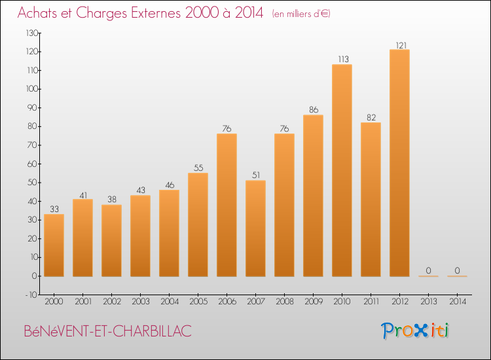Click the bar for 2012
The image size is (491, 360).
(399, 163)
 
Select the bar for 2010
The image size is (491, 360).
(342, 170)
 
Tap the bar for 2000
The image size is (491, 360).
(54, 245)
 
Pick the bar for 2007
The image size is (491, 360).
(255, 228)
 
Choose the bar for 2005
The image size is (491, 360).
(198, 225)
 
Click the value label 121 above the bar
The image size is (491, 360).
(401, 45)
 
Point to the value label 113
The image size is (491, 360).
(343, 59)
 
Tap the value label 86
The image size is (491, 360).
(314, 109)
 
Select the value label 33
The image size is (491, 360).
(54, 209)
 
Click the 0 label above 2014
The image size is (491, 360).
(457, 270)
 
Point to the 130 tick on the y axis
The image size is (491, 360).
(31, 33)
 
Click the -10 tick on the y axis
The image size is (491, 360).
(31, 295)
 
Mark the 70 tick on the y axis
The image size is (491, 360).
(33, 145)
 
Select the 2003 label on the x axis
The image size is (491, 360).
(141, 302)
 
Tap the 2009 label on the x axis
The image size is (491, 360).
(314, 302)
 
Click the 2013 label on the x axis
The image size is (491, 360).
(428, 302)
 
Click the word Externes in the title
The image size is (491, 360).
(156, 13)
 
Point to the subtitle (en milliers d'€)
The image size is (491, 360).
(301, 14)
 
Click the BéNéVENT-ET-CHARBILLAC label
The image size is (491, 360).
(108, 331)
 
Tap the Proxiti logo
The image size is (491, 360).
(415, 331)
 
